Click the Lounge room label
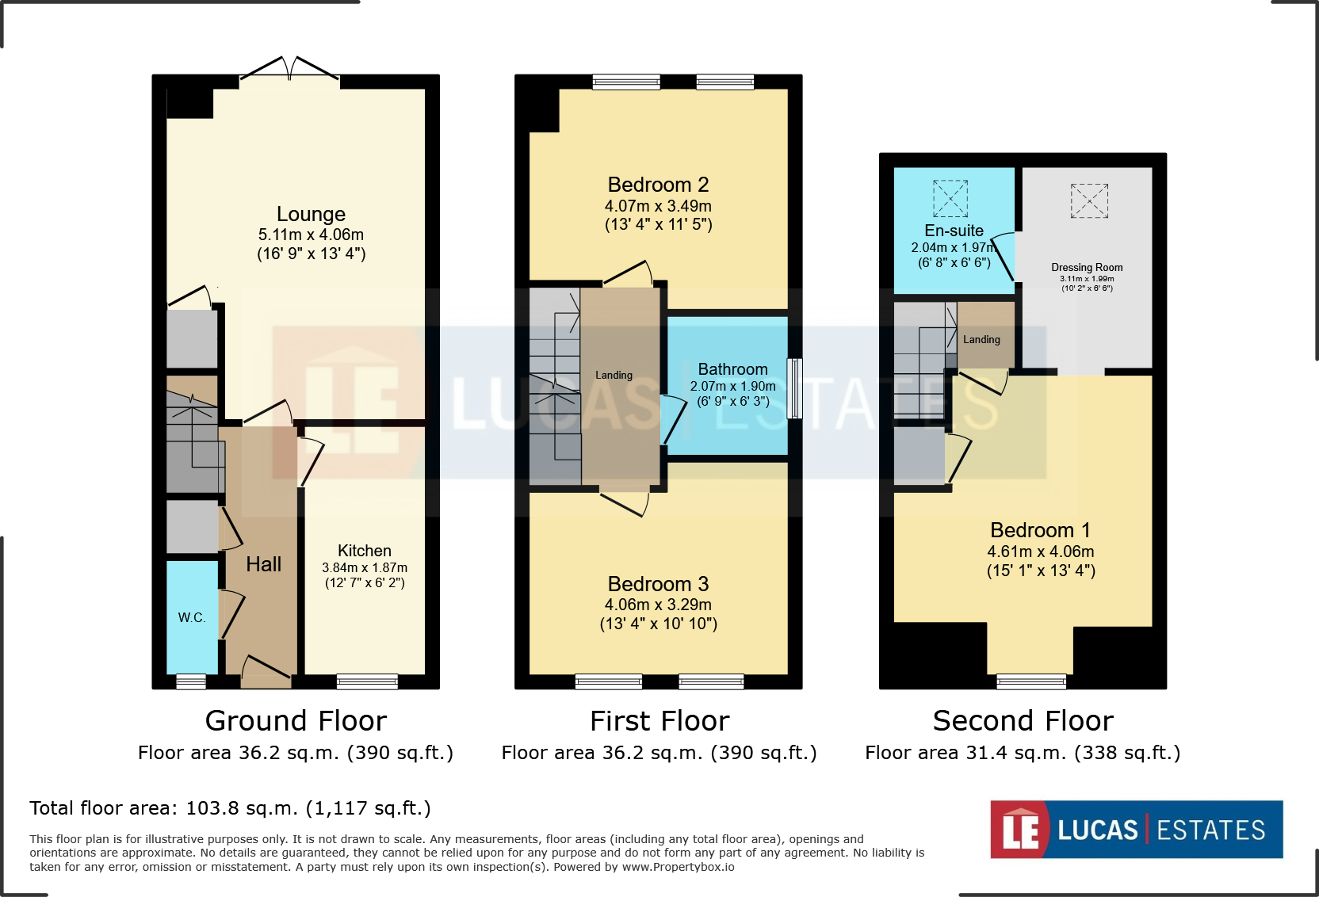click(x=311, y=214)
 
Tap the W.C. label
click(x=192, y=617)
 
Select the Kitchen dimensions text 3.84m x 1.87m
click(x=365, y=567)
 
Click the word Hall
click(x=263, y=564)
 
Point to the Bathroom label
click(x=732, y=369)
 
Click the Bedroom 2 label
click(x=658, y=185)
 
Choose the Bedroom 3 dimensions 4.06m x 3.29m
click(x=658, y=605)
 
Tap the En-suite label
click(x=954, y=230)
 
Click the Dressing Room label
click(x=1087, y=267)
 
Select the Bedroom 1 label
click(x=1040, y=530)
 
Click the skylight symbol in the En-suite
click(x=950, y=198)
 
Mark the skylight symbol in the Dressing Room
click(x=1089, y=200)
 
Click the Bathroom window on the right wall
click(x=794, y=388)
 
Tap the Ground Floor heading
click(x=296, y=721)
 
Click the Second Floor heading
click(x=1023, y=721)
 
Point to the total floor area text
click(x=230, y=808)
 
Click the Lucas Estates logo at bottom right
click(x=1137, y=830)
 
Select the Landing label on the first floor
click(x=614, y=375)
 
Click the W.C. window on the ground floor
click(x=191, y=681)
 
